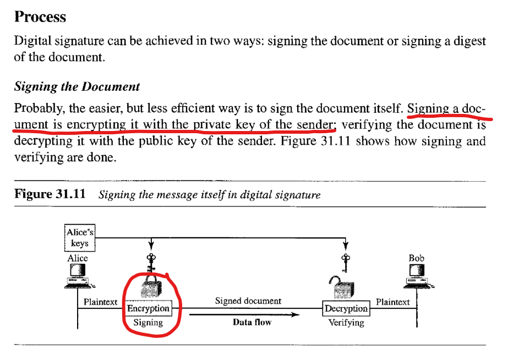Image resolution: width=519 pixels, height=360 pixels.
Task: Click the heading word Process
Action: (x=40, y=17)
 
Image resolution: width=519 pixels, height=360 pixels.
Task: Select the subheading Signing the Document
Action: (x=77, y=86)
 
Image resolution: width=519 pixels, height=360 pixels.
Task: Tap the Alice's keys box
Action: (x=80, y=238)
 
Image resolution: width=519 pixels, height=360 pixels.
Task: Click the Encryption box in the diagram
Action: (x=148, y=308)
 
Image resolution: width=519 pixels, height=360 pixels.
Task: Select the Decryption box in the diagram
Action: (x=346, y=308)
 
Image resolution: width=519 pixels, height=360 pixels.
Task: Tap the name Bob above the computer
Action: (x=417, y=258)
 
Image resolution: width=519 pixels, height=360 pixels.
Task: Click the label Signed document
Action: (x=248, y=301)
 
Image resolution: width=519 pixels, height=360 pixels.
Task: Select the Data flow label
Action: (x=252, y=322)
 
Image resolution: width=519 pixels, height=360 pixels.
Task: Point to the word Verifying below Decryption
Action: (x=346, y=323)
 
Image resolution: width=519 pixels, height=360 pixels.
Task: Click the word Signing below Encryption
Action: (x=148, y=323)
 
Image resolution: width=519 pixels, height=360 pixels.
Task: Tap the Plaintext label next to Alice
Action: (x=100, y=302)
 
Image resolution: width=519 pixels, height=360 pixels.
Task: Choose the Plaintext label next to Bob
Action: (x=392, y=302)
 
